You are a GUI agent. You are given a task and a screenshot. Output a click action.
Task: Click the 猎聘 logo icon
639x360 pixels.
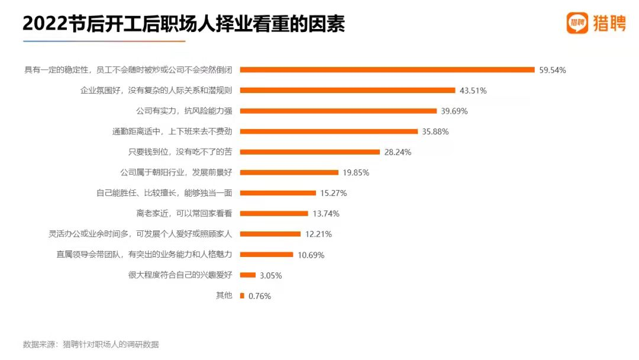[x=577, y=23]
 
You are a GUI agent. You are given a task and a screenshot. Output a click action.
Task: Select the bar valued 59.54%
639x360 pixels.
[x=387, y=70]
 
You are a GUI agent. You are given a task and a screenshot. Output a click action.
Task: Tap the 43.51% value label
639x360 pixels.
[x=473, y=91]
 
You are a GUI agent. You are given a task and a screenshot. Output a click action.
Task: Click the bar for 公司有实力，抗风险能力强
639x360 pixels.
[x=338, y=111]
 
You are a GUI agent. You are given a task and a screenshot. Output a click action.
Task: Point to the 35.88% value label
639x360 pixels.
[x=435, y=131]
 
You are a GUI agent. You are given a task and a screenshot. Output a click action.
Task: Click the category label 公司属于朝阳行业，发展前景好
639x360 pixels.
[x=176, y=173]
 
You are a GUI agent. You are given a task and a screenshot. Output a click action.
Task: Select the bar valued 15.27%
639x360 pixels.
[x=277, y=193]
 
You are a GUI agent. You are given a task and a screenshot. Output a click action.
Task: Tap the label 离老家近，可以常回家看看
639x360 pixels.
[x=183, y=214]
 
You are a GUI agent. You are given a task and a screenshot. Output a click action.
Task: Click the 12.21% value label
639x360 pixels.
[x=318, y=234]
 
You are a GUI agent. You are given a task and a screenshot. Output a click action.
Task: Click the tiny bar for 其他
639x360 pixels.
[x=242, y=295]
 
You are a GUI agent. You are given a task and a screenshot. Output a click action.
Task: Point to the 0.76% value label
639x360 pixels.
[x=260, y=296]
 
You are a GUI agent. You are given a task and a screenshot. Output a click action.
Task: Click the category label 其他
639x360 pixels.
[x=224, y=295]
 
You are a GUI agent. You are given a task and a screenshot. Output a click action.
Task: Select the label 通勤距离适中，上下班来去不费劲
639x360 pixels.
[x=172, y=131]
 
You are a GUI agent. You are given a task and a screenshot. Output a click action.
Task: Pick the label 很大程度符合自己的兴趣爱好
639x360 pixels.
[x=180, y=275]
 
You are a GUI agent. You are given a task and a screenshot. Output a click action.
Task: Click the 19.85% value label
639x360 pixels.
[x=356, y=173]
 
